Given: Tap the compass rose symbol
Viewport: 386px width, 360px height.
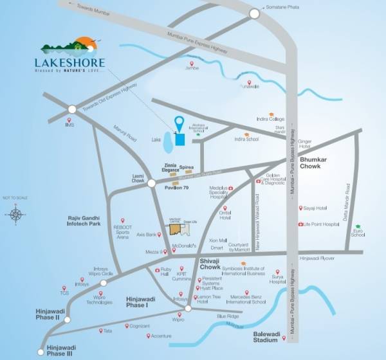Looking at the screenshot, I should [16, 215].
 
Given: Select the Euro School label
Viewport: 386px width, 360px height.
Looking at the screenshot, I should [358, 233].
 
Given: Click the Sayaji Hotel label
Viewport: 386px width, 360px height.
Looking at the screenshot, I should [317, 208].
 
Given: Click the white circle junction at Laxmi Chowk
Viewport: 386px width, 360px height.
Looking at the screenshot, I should [151, 183].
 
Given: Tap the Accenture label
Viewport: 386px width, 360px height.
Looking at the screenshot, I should [161, 336].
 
